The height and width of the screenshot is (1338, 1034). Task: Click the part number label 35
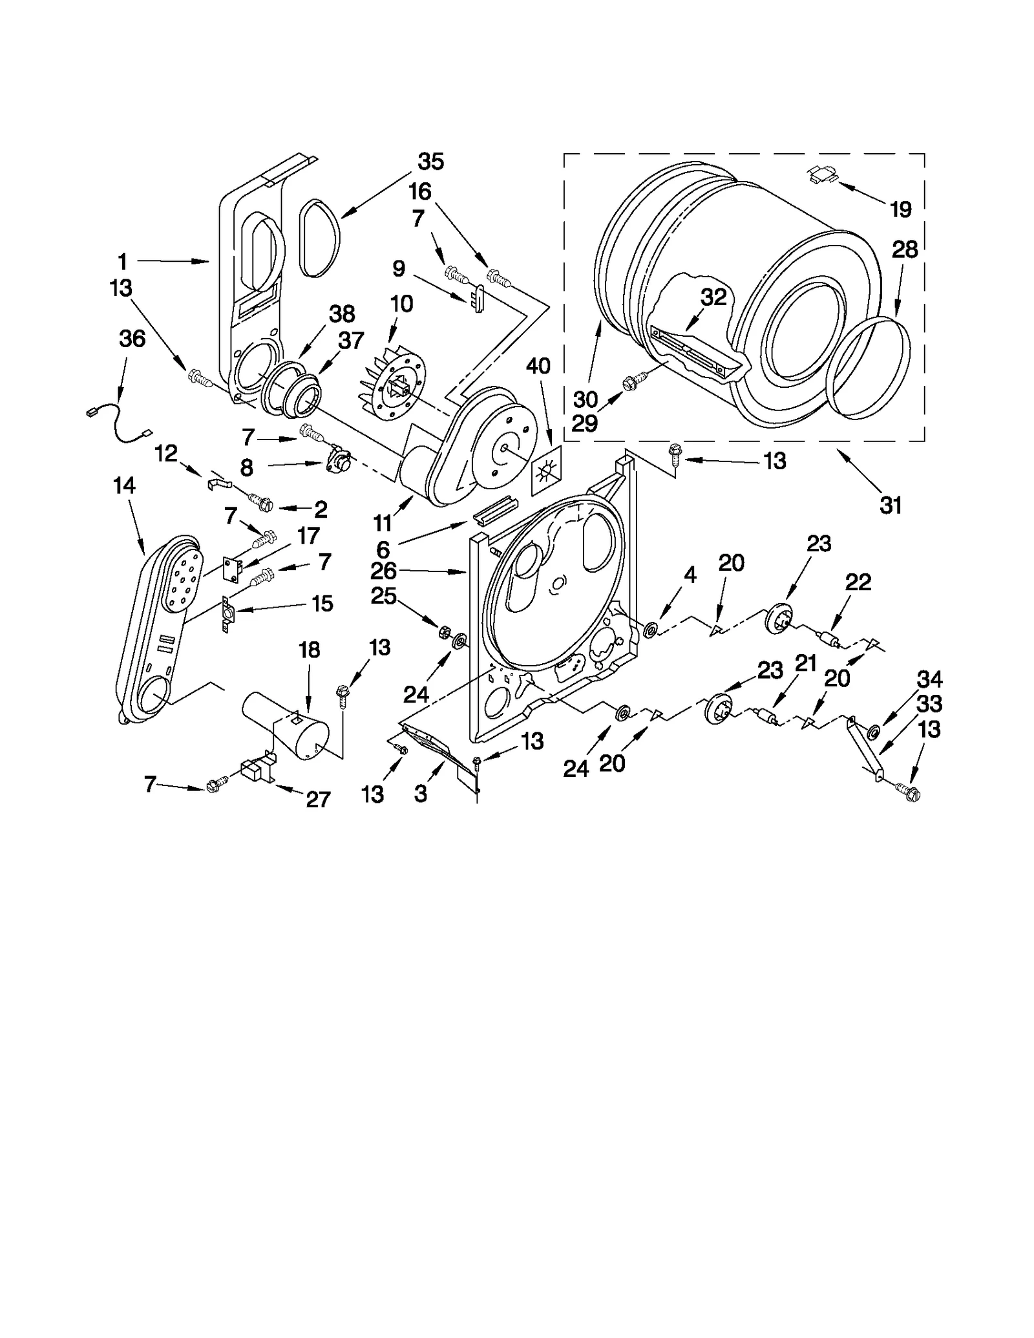430,162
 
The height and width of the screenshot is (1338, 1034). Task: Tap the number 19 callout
900,209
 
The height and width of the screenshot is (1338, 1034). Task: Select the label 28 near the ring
905,250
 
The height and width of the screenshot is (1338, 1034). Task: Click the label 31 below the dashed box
891,505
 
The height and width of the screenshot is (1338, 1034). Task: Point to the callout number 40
538,366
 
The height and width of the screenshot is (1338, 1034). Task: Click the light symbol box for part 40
545,471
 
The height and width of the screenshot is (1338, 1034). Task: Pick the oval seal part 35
319,239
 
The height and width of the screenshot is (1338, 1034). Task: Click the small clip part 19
822,175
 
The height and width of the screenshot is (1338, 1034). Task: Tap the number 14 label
124,485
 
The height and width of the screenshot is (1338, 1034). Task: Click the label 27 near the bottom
318,800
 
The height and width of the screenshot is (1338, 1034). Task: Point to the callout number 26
383,571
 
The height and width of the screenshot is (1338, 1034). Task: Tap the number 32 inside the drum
713,297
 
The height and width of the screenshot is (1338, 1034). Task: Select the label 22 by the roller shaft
858,582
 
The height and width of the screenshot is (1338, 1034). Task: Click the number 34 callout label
929,679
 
